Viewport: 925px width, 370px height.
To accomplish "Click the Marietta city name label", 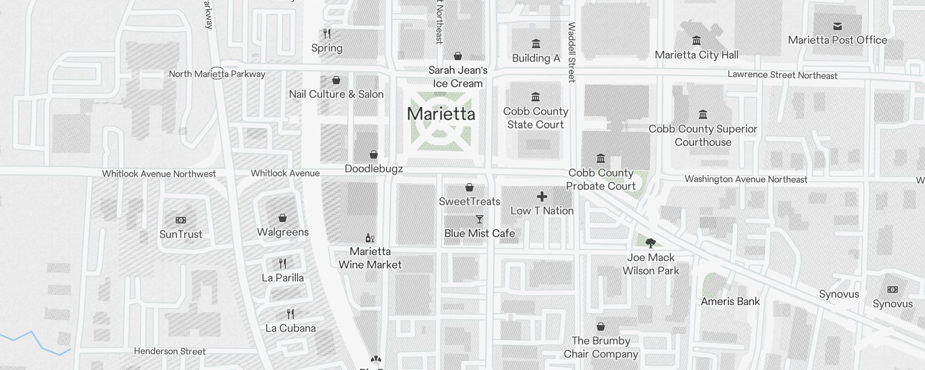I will click(x=441, y=114).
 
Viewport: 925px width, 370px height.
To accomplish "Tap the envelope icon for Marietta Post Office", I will click(x=837, y=26).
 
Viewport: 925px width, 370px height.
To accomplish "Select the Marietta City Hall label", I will click(x=697, y=55).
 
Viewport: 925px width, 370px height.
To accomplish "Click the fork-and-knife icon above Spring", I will click(x=327, y=34).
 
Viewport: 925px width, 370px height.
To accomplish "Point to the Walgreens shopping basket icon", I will click(x=283, y=218).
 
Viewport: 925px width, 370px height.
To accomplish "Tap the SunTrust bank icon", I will click(x=181, y=220).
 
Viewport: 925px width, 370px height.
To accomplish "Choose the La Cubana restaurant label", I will click(x=290, y=328).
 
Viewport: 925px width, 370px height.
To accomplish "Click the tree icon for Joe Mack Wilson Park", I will click(x=651, y=243).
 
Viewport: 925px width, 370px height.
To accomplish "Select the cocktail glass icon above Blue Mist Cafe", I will click(x=480, y=219).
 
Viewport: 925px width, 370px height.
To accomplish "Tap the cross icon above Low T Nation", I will click(x=542, y=197).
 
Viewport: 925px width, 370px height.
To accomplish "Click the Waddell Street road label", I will click(x=572, y=52).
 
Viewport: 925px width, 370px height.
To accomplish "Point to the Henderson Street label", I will click(x=170, y=351).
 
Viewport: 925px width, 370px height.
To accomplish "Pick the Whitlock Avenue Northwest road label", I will click(x=159, y=174).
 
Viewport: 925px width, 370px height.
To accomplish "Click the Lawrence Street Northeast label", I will click(x=782, y=75).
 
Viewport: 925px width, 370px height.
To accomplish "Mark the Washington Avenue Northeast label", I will click(x=746, y=179).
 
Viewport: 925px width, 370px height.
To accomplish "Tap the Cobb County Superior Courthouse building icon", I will click(x=703, y=115).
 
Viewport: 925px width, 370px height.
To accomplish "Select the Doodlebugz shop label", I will click(x=374, y=169).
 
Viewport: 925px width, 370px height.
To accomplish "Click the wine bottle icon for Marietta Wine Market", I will click(x=370, y=238).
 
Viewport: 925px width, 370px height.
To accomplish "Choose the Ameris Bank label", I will click(x=730, y=302).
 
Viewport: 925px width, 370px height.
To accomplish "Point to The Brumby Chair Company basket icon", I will click(x=601, y=327).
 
